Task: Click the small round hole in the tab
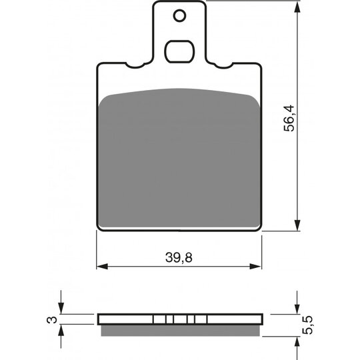coord(179,16)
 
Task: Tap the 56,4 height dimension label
coord(289,118)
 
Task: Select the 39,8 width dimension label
coord(179,257)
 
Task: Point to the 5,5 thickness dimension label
coord(307,325)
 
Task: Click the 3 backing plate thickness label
coord(52,319)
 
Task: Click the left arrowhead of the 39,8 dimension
coord(102,267)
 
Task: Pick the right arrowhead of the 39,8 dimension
coord(256,267)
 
